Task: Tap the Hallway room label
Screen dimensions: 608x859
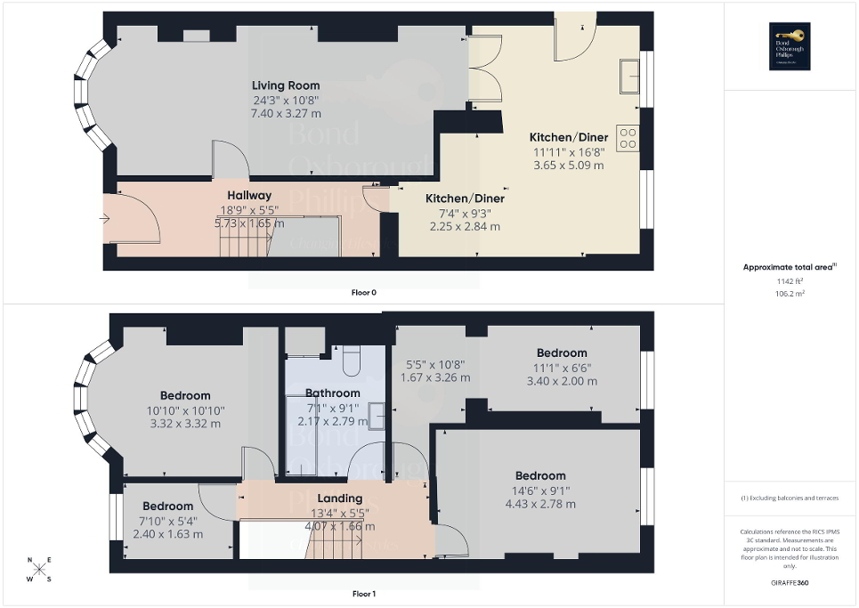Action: tap(248, 195)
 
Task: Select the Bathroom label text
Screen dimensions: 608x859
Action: tap(332, 393)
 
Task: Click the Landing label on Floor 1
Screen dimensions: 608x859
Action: tap(339, 498)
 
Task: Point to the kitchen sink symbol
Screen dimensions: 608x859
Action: tap(630, 76)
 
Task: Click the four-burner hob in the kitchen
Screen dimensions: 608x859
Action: tap(628, 137)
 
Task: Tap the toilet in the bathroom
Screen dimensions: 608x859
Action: tap(350, 360)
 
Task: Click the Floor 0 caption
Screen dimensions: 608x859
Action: tap(363, 291)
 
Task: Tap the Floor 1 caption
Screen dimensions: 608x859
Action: tap(363, 593)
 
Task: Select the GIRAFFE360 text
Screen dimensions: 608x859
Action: tap(790, 583)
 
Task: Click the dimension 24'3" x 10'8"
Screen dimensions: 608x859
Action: tap(285, 101)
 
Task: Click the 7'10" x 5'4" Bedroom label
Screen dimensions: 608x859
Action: tap(167, 507)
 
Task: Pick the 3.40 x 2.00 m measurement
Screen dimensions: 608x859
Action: tap(562, 381)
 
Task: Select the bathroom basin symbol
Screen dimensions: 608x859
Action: tap(377, 415)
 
